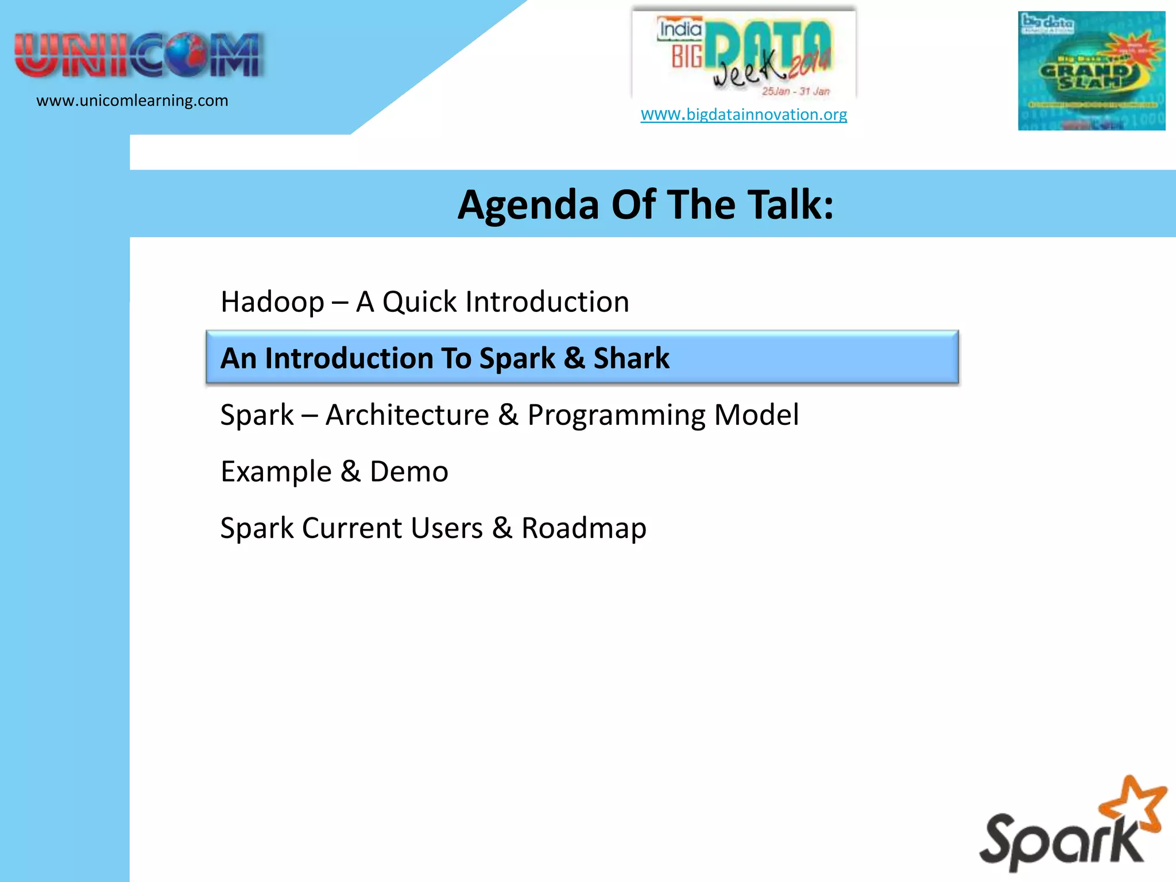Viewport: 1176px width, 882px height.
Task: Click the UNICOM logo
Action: [x=139, y=56]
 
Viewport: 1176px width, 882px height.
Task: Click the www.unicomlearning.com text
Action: [x=132, y=100]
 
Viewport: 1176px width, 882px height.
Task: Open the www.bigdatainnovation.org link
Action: [x=744, y=114]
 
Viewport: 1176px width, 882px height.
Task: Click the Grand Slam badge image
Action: [x=1091, y=71]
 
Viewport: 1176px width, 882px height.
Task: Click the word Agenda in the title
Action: [x=528, y=205]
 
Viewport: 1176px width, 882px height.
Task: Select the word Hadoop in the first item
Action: [x=272, y=302]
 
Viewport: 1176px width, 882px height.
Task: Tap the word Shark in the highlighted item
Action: [x=631, y=358]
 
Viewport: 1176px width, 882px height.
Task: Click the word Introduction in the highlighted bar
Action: [x=349, y=358]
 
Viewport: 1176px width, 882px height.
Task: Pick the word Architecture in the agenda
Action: [x=407, y=415]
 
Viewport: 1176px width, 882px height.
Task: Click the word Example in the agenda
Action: [x=276, y=472]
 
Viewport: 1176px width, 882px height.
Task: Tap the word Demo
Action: [x=409, y=472]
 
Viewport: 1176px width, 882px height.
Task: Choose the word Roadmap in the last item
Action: [x=583, y=528]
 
